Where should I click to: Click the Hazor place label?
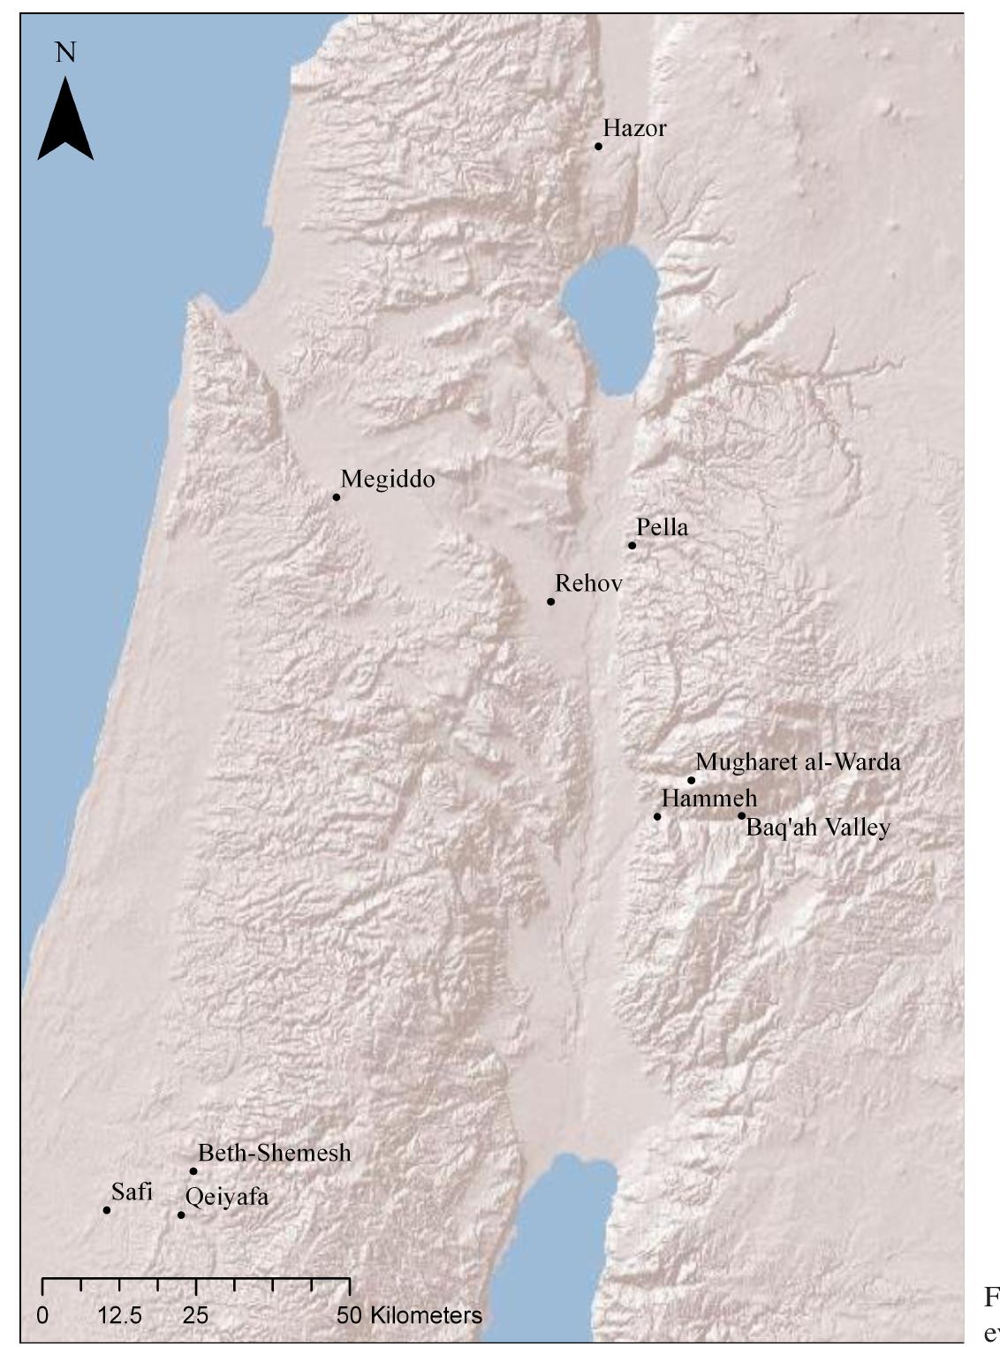coord(634,129)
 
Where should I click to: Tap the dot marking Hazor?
coord(598,147)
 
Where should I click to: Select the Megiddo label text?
coord(388,480)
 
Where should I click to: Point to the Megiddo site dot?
coord(337,497)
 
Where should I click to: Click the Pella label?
coord(662,528)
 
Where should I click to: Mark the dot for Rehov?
coord(550,602)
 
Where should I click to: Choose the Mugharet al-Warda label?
coord(798,762)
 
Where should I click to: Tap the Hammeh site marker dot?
coord(657,816)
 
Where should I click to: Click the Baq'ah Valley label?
coord(818,829)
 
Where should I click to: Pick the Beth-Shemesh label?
coord(274,1154)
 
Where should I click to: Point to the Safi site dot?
coord(107,1210)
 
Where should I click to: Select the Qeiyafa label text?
coord(226,1198)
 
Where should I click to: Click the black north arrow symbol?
coord(65,119)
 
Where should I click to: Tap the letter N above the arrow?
coord(65,53)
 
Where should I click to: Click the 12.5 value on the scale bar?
coord(120,1315)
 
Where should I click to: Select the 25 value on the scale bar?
coord(196,1315)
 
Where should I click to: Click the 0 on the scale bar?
coord(42,1315)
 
